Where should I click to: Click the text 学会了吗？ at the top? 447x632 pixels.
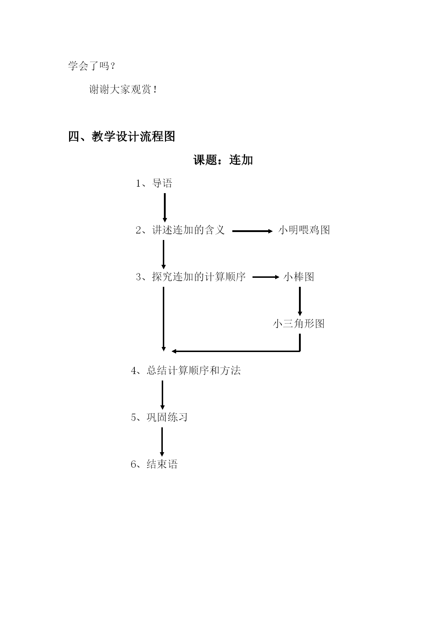(92, 66)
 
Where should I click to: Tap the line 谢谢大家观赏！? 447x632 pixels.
(123, 89)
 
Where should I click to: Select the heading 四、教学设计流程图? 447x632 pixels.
(122, 137)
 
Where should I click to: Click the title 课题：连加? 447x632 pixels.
(223, 160)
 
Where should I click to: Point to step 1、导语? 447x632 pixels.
(154, 183)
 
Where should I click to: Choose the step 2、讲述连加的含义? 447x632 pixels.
(180, 230)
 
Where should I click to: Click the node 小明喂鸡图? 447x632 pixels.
(304, 230)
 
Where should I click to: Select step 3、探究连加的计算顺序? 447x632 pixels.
(191, 277)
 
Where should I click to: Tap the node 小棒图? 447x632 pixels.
(299, 277)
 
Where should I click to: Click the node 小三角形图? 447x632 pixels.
(299, 324)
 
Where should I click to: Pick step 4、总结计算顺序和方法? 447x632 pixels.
(185, 370)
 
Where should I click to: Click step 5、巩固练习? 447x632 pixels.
(159, 417)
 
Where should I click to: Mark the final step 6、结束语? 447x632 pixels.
(154, 464)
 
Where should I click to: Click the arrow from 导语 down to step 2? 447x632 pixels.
(165, 208)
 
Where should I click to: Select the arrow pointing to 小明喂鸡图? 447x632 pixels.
(252, 231)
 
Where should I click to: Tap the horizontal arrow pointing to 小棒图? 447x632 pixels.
(266, 277)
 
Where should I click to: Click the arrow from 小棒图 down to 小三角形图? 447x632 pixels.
(300, 301)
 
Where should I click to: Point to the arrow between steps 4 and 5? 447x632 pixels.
(162, 395)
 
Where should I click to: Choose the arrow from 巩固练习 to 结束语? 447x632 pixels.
(162, 442)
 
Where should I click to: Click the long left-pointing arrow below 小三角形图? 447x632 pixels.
(236, 351)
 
